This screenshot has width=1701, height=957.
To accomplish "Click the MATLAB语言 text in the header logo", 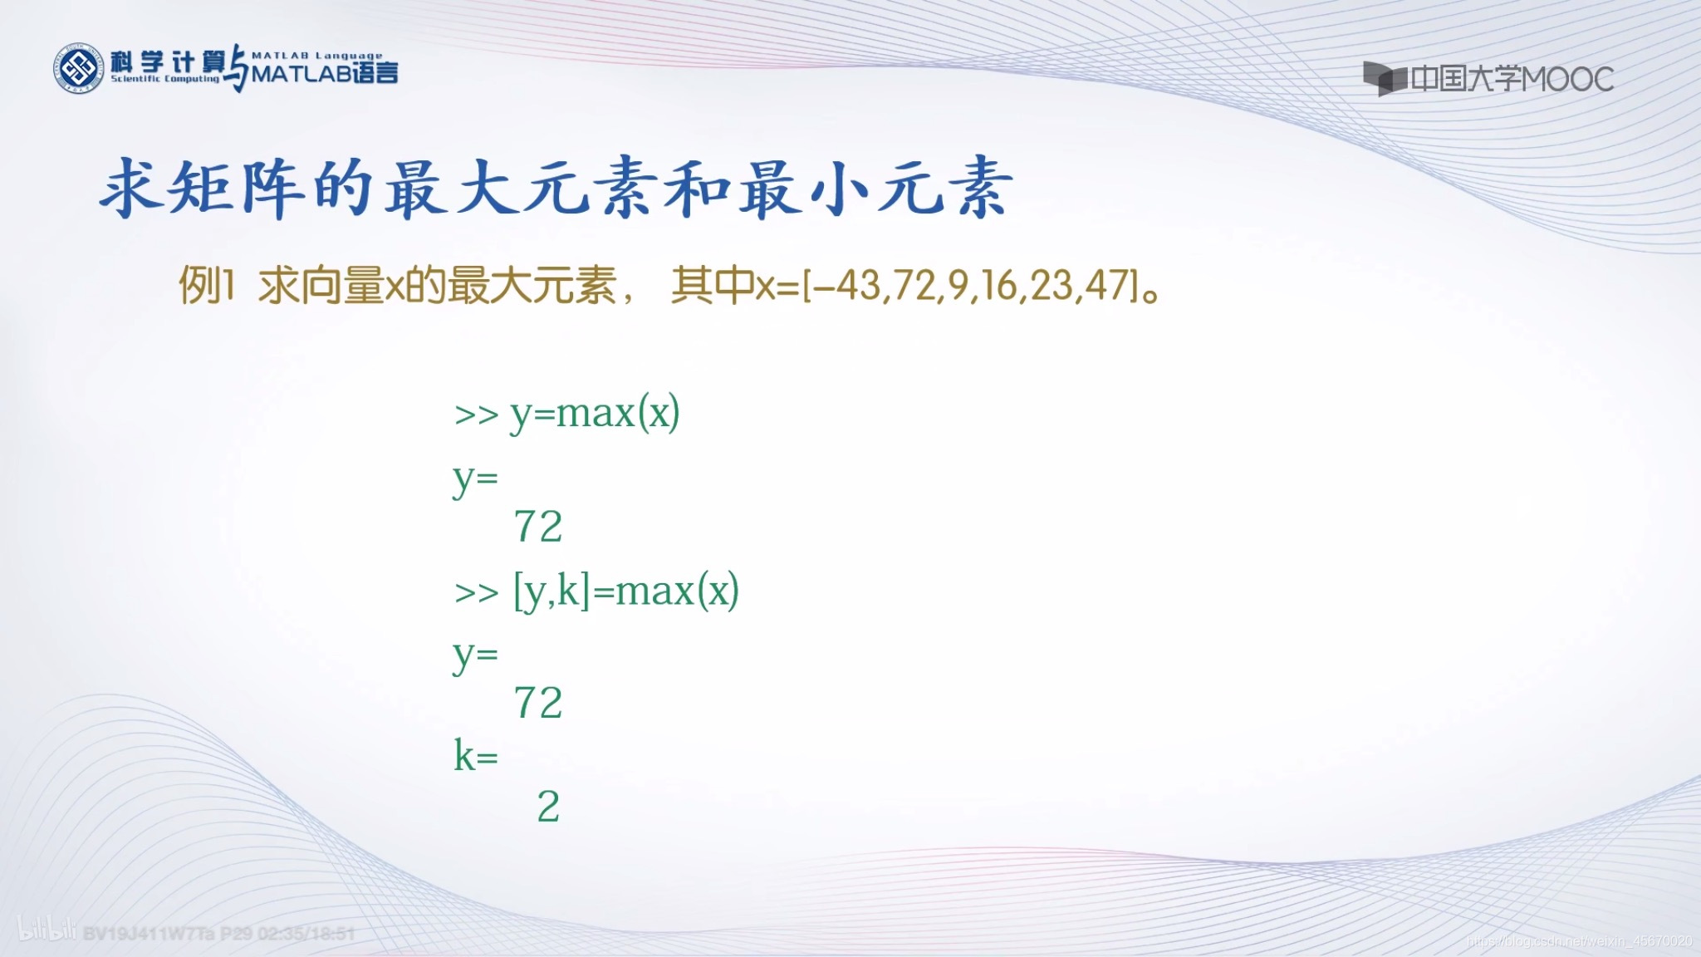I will pos(325,74).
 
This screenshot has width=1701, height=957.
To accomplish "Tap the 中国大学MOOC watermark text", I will pos(1512,80).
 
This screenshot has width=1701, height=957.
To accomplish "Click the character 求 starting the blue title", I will pos(130,189).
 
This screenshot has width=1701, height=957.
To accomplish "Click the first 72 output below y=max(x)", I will pos(538,527).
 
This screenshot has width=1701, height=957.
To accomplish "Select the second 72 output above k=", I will pos(538,703).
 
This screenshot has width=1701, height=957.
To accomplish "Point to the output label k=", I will pos(476,756).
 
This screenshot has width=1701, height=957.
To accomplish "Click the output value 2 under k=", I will pos(548,807).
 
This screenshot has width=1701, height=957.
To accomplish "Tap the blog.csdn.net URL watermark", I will pos(1579,941).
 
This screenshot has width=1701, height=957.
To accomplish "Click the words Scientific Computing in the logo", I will pos(165,79).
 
